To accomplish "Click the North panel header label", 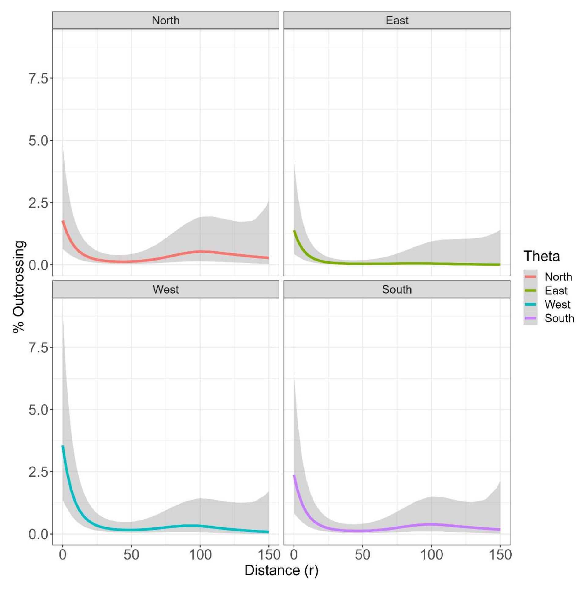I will tap(165, 21).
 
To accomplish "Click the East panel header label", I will tap(397, 21).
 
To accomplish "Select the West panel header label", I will tap(165, 290).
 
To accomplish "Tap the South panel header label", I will tap(397, 290).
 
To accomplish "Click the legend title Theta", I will tap(542, 256).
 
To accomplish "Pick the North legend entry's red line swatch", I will tap(530, 277).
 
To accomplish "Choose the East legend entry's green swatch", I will tap(530, 291).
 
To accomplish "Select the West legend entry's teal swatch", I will tap(530, 304).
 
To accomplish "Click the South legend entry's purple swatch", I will tap(530, 318).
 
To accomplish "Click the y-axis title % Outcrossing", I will tap(19, 287).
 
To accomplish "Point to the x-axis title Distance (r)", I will tap(281, 570).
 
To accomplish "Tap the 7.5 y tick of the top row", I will tap(39, 78).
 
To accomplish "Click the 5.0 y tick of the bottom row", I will tap(39, 410).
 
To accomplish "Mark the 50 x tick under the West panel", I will tap(131, 555).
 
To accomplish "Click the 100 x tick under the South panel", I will tap(431, 555).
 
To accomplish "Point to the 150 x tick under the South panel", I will tap(500, 555).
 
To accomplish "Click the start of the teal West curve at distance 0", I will tap(63, 446).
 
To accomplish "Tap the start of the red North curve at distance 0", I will tap(63, 221).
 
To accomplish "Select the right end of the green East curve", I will tap(500, 264).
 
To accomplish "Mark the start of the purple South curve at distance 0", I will tap(294, 475).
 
